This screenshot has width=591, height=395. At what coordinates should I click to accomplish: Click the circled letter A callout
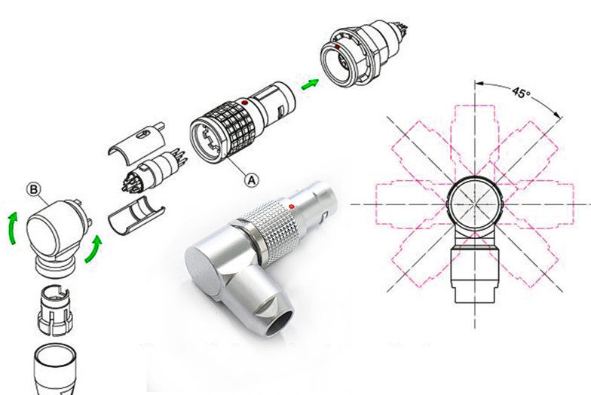pos(252,180)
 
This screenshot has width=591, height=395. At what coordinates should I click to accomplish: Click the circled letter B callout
pos(34,189)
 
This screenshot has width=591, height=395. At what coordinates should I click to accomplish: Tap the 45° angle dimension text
pos(521,92)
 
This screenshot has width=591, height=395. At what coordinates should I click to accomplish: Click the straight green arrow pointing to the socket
pos(310,84)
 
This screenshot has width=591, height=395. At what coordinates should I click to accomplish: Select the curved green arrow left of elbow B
pos(12,228)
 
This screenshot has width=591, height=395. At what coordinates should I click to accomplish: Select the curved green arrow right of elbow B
pos(93,250)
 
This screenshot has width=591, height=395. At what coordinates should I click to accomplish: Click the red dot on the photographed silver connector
pos(291,207)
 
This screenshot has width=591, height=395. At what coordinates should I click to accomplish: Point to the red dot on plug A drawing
pos(244,103)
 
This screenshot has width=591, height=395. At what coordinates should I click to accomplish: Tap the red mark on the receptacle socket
pos(338,47)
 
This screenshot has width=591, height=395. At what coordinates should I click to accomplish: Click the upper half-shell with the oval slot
pos(137,142)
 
